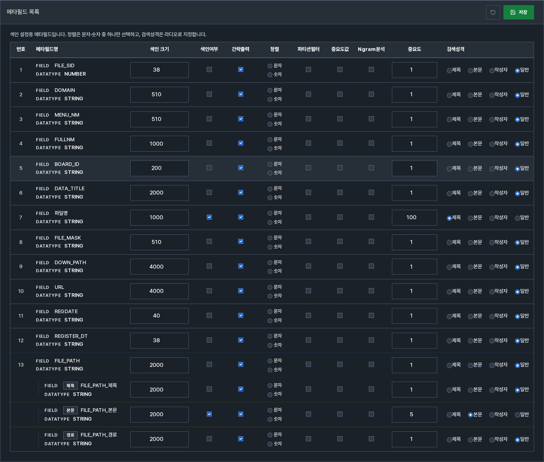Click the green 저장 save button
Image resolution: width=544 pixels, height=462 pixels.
[518, 12]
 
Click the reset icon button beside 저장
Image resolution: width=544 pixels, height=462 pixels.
[493, 12]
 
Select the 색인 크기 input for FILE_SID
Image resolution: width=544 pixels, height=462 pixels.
[159, 70]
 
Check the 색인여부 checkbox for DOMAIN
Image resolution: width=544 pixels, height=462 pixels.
[209, 94]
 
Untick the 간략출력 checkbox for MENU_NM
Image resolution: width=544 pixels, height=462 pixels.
[241, 119]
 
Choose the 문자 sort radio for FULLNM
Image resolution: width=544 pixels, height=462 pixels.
[270, 140]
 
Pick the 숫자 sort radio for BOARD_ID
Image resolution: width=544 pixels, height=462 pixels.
[270, 173]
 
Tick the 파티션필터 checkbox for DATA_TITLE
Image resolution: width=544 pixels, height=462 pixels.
[308, 193]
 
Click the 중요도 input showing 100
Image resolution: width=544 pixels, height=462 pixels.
[414, 217]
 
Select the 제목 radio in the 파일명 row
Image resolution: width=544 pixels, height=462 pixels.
[449, 218]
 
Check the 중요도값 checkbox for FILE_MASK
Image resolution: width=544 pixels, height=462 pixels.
[340, 242]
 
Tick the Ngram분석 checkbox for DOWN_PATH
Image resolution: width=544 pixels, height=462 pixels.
[371, 266]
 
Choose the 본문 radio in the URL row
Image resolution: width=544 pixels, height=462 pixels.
[470, 292]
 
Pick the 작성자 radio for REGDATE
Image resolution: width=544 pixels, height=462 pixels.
[492, 316]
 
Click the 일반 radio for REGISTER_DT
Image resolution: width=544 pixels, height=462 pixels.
[517, 341]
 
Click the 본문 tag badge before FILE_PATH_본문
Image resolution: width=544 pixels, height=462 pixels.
[70, 410]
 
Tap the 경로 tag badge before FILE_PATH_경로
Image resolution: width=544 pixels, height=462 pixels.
[70, 435]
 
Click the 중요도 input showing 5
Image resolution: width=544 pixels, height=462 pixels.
[414, 414]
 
